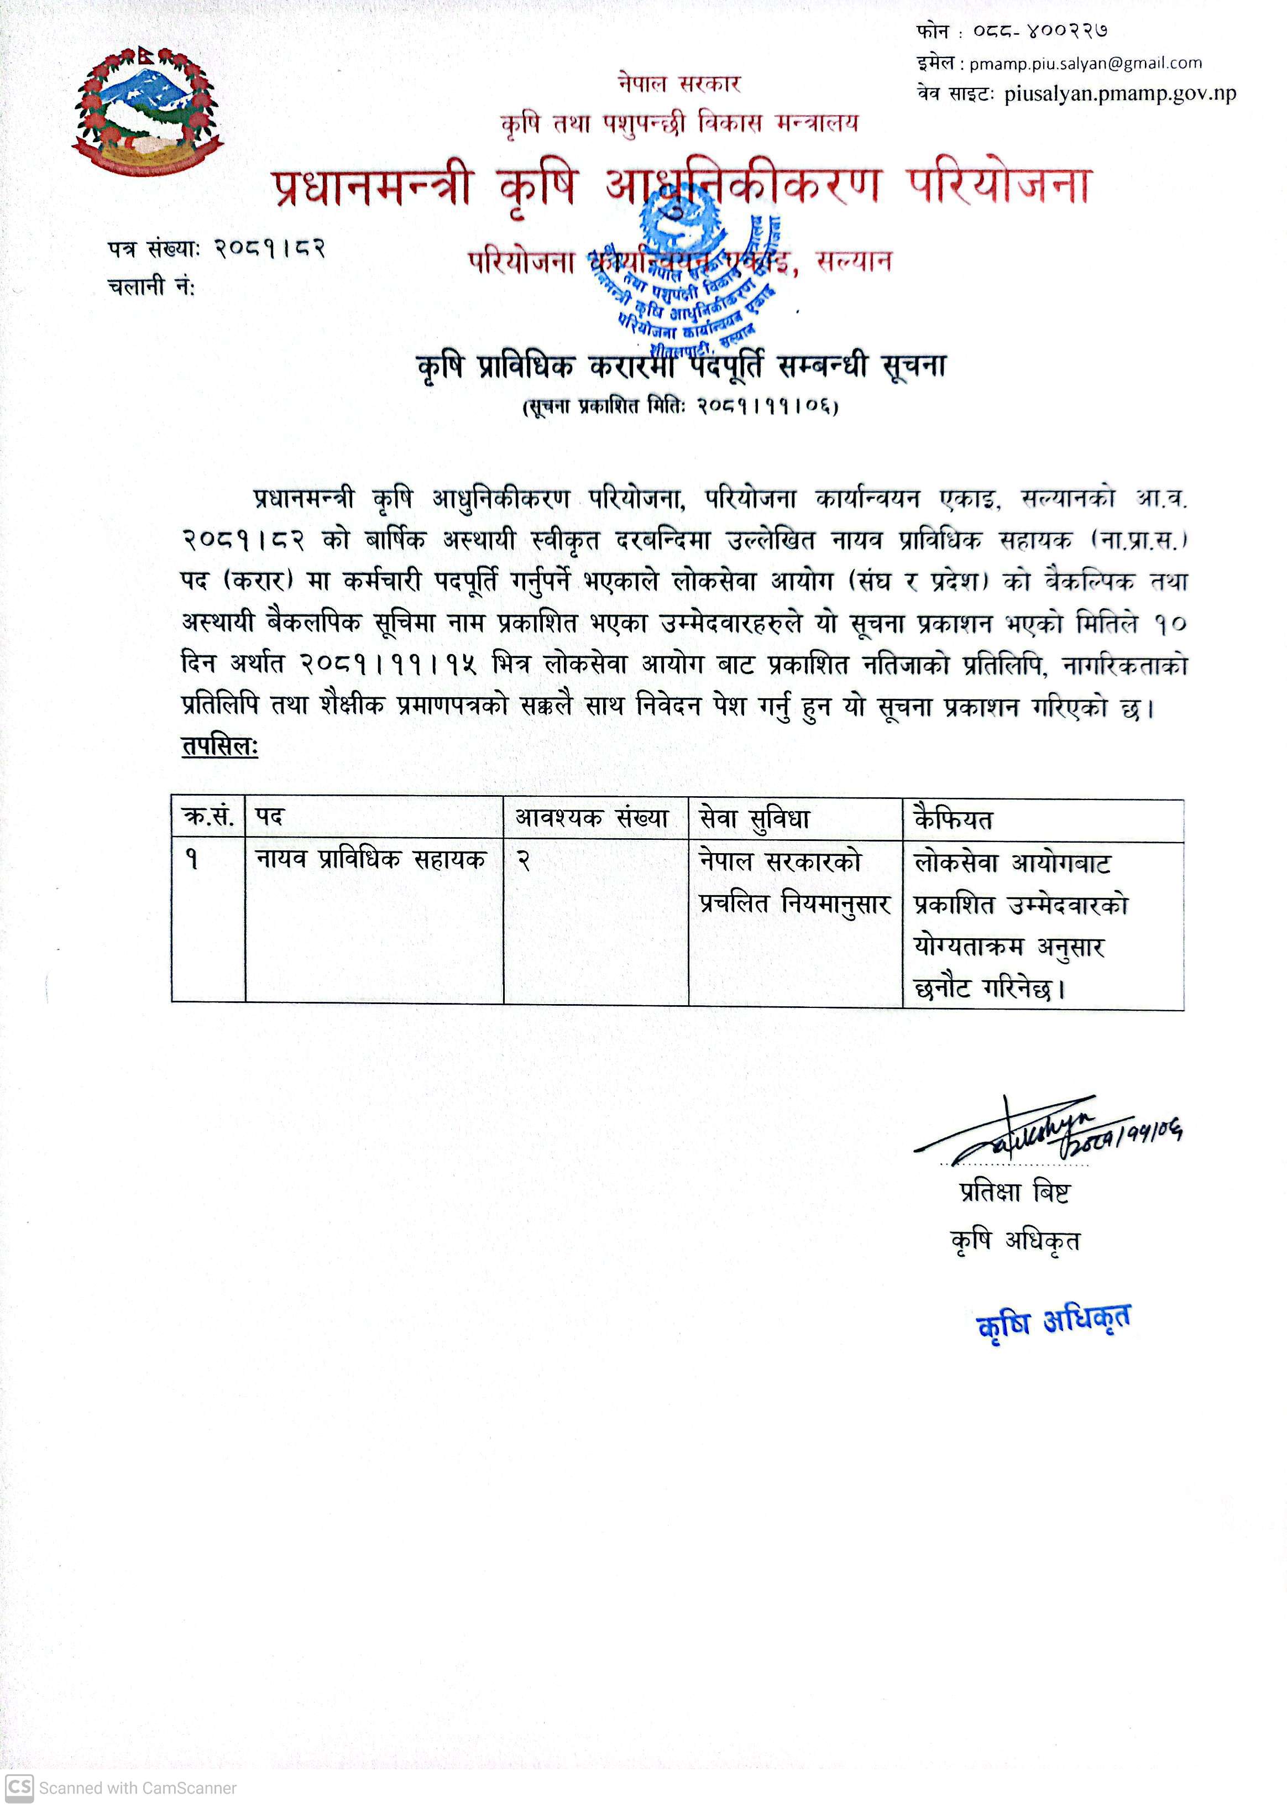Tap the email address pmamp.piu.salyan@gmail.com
(1085, 64)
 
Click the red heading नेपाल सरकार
(679, 83)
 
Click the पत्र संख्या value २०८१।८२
(270, 249)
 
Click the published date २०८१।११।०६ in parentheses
(766, 406)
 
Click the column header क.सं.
(208, 817)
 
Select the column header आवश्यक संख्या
(593, 817)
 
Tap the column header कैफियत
(953, 819)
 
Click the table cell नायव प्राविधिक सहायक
(370, 860)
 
